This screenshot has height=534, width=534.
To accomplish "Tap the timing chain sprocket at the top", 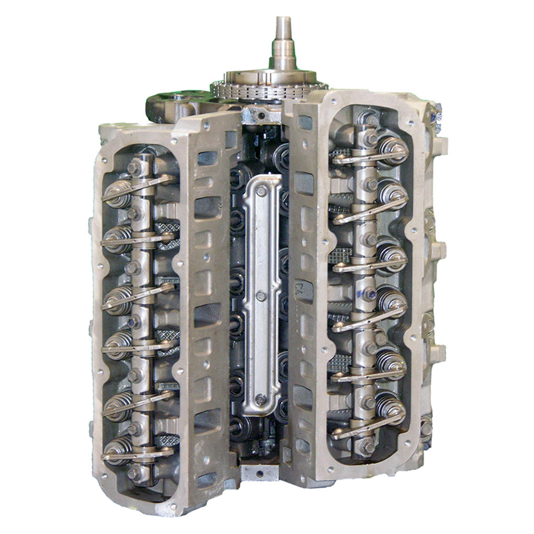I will tap(269, 86).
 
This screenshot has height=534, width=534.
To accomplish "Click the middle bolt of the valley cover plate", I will tap(261, 295).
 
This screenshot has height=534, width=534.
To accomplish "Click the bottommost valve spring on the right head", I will tap(392, 406).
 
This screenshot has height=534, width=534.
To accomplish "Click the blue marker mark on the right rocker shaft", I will tap(371, 294).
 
